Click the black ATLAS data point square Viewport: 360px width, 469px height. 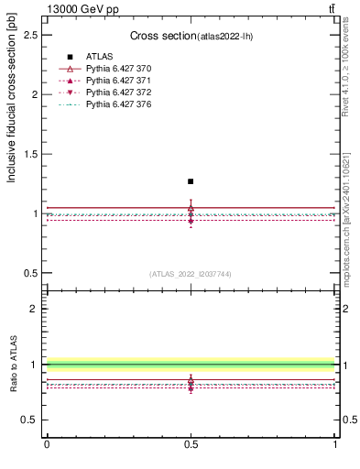tap(191, 181)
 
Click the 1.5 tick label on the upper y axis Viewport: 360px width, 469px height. tap(30, 154)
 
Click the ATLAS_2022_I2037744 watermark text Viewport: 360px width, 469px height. tap(191, 274)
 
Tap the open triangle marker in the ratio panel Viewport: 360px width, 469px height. tap(191, 379)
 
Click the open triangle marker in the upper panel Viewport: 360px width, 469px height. tap(191, 208)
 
